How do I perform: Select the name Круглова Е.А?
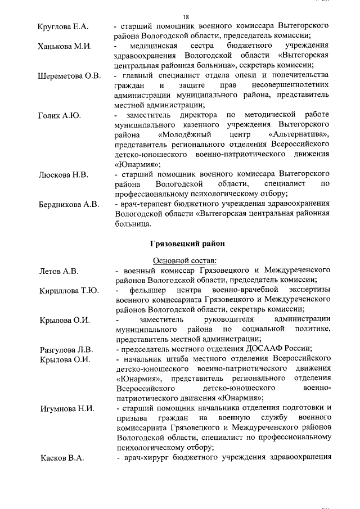pos(62,26)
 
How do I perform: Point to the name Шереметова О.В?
pos(69,75)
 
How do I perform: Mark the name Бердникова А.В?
pos(68,204)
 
